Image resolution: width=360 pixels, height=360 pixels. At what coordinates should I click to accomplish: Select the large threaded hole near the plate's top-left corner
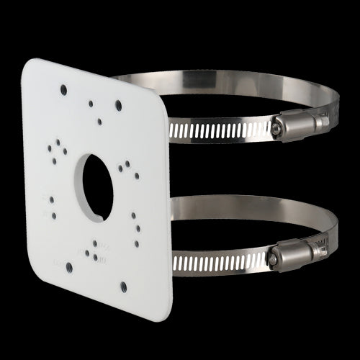(63, 89)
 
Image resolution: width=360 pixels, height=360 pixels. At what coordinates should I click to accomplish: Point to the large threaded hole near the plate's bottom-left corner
(69, 266)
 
